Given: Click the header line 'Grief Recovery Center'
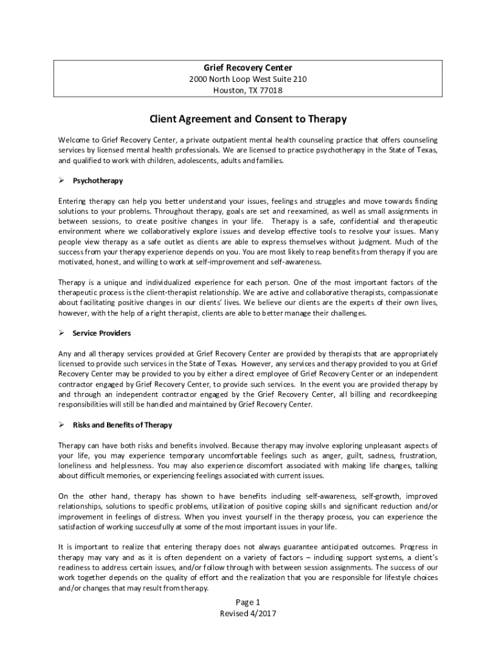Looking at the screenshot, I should (x=248, y=68).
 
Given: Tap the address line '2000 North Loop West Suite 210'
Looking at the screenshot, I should (x=248, y=79).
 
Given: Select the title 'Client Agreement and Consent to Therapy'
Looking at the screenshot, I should (x=248, y=119).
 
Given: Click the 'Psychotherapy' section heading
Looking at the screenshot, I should (x=98, y=180).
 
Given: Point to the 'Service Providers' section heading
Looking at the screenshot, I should (x=102, y=333).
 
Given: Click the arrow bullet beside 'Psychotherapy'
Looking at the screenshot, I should (x=62, y=180).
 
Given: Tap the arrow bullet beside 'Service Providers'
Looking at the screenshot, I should (x=62, y=333).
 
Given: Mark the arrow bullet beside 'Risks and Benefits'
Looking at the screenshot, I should (x=62, y=425).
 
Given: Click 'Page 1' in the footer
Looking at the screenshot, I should (x=248, y=602).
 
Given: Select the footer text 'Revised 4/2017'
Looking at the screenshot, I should (x=248, y=614).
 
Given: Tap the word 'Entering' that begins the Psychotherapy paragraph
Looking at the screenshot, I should (x=72, y=200).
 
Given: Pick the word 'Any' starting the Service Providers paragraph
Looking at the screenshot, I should (x=64, y=354).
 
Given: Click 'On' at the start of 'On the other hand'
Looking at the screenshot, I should (x=63, y=496).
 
